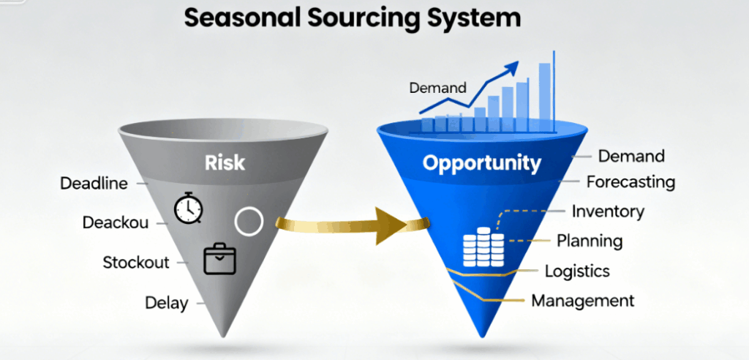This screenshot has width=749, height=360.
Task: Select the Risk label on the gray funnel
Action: [x=224, y=162]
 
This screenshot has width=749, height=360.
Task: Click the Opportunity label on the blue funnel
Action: [x=482, y=162]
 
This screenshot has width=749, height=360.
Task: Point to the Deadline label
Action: [x=94, y=183]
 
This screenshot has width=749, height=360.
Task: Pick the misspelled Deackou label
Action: [x=115, y=222]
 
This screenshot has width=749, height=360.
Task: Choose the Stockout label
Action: [x=136, y=262]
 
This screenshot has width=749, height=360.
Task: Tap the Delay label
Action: [x=166, y=301]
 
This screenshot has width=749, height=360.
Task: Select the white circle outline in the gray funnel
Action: [x=249, y=221]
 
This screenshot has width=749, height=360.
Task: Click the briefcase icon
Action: [x=219, y=259]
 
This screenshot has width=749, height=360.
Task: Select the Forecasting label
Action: [x=631, y=181]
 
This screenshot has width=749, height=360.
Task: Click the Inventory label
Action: [x=608, y=212]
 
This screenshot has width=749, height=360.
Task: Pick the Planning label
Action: [x=590, y=241]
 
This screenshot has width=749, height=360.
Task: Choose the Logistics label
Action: [x=577, y=271]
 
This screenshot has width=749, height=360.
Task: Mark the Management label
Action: [x=582, y=300]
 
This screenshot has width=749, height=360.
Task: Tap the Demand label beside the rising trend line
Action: [x=437, y=89]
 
